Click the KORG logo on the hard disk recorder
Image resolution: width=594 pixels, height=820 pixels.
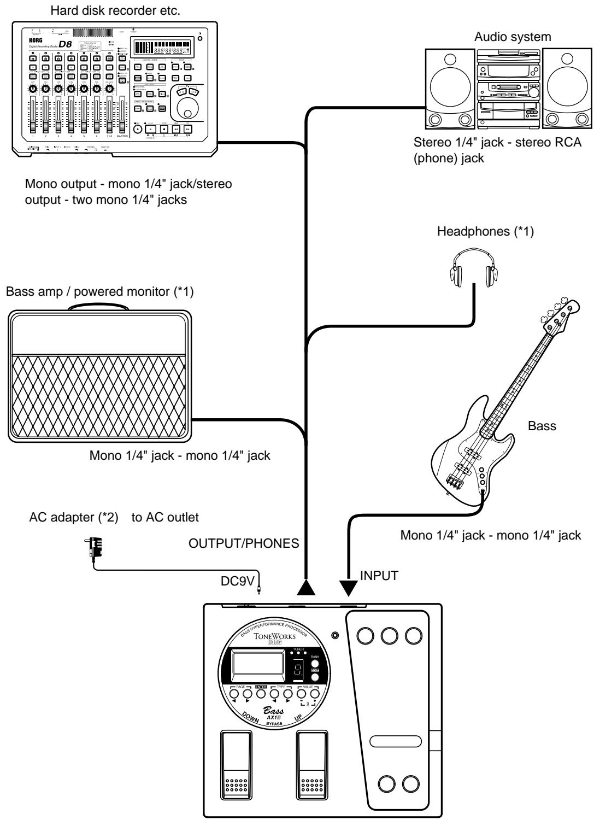[28, 40]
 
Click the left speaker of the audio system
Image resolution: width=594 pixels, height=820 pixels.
[450, 88]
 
